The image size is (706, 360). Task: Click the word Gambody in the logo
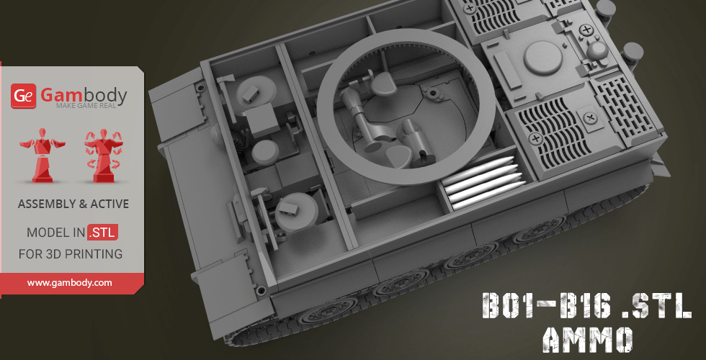pos(84,95)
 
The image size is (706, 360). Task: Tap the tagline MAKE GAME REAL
pos(86,106)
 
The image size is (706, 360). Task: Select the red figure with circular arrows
pos(104,156)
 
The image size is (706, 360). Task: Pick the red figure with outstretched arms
pos(43,156)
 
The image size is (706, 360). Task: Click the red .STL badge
pos(103,232)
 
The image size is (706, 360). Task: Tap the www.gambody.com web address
pos(69,283)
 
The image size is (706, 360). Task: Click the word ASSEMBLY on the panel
pos(46,204)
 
